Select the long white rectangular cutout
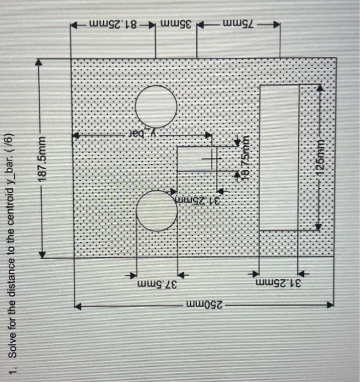coord(279,157)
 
